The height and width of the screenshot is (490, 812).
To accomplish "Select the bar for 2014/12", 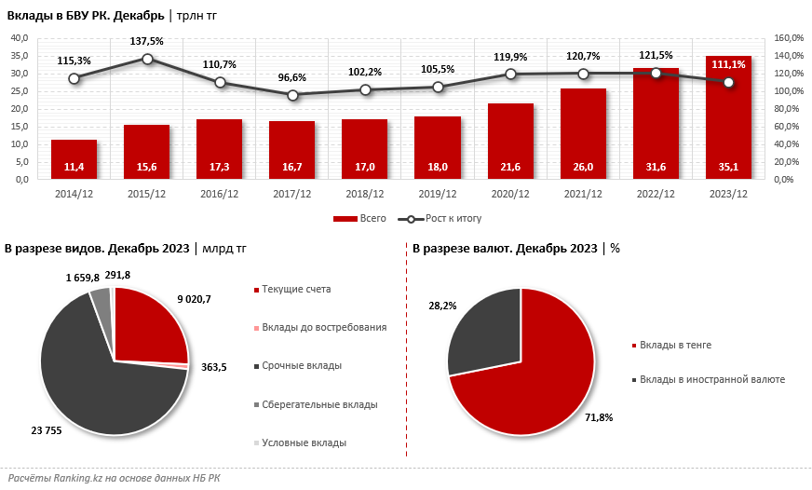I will click(74, 154).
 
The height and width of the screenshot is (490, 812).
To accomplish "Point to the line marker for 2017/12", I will click(292, 95).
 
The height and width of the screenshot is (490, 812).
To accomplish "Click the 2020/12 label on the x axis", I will click(510, 194).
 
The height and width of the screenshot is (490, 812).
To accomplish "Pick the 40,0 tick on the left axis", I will click(20, 38).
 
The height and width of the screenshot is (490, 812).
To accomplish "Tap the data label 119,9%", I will click(510, 56).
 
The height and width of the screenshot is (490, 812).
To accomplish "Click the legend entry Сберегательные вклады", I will click(319, 404).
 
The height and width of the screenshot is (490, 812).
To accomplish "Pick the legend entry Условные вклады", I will click(304, 442).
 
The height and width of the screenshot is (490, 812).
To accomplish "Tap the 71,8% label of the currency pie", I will click(598, 417).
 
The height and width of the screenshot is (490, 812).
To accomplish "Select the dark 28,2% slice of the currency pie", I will click(484, 326).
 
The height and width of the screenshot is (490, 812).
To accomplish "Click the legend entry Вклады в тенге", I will click(675, 345).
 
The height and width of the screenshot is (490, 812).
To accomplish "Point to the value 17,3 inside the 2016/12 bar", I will click(220, 167).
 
